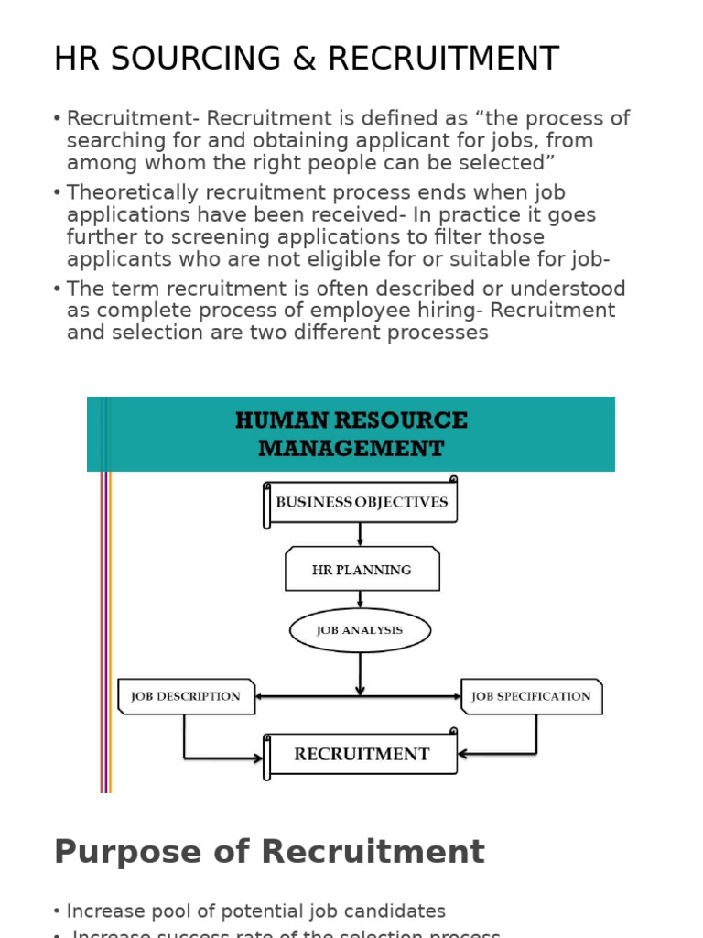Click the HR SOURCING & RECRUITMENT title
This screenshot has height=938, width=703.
click(306, 59)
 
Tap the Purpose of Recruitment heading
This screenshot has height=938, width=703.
click(268, 852)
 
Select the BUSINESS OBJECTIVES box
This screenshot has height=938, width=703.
click(362, 503)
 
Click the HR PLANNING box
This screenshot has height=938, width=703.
click(362, 570)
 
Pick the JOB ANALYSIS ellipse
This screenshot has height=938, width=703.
click(360, 630)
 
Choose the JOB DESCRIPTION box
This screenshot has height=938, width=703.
click(186, 696)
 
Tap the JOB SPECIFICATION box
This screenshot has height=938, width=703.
click(531, 696)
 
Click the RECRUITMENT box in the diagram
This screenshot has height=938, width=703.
click(362, 755)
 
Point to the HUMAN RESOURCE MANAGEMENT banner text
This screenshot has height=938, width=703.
click(351, 434)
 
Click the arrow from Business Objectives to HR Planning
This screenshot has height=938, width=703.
click(361, 535)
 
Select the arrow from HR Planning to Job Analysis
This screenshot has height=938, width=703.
click(361, 600)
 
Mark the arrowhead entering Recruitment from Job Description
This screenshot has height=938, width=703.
click(258, 758)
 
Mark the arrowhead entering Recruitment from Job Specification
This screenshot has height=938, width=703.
click(463, 754)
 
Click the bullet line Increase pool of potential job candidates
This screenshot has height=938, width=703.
click(255, 911)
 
